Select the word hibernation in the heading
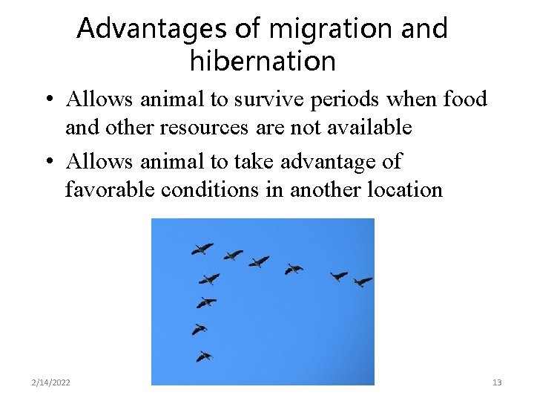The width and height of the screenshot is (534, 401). pyautogui.click(x=263, y=61)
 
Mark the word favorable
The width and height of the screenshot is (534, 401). pyautogui.click(x=109, y=189)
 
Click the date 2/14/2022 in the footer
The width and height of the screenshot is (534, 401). pyautogui.click(x=51, y=382)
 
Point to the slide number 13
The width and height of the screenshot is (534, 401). pyautogui.click(x=497, y=382)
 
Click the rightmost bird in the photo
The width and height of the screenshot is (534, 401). pyautogui.click(x=363, y=281)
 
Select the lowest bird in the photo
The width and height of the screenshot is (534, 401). pyautogui.click(x=204, y=356)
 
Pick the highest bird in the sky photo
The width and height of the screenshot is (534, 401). pyautogui.click(x=202, y=249)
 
